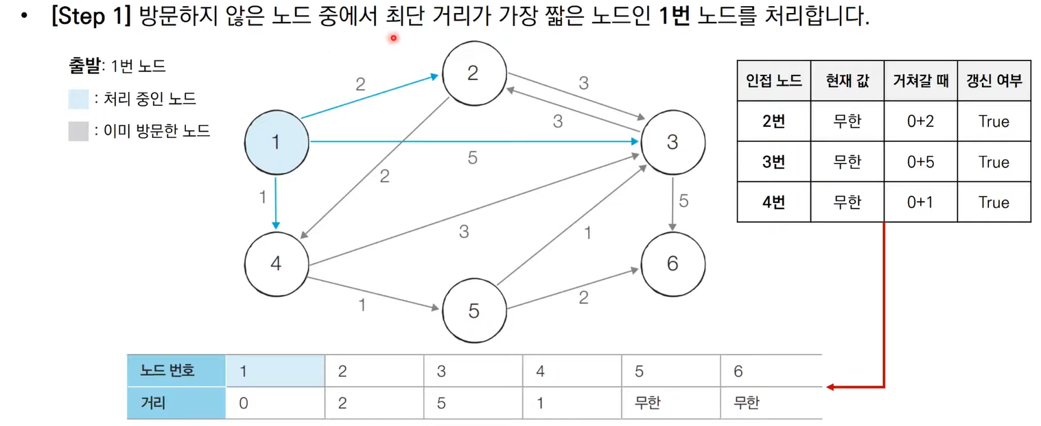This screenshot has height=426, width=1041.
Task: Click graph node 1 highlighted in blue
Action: (x=276, y=142)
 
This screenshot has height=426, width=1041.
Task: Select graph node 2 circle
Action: (x=473, y=73)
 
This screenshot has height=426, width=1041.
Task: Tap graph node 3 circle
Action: (x=672, y=142)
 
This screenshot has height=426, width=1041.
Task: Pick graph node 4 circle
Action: (x=276, y=263)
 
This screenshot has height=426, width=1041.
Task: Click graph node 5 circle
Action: (x=473, y=311)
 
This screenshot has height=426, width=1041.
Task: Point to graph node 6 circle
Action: (x=672, y=263)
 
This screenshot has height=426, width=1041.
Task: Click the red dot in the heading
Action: (x=394, y=38)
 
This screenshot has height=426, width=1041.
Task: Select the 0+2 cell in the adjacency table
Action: (x=920, y=121)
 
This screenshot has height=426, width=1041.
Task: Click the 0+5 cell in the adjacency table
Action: (x=920, y=162)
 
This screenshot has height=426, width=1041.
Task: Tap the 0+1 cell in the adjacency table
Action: (x=920, y=202)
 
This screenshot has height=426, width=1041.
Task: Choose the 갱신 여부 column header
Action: (x=994, y=81)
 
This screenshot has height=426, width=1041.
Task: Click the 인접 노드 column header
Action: (x=773, y=81)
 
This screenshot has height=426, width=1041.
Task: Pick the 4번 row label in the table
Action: (x=773, y=202)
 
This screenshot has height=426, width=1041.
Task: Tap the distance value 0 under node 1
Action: (x=244, y=403)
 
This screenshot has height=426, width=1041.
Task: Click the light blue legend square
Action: (x=78, y=99)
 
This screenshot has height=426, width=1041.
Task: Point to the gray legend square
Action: (x=78, y=131)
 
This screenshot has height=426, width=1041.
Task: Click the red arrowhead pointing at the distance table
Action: (x=830, y=388)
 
